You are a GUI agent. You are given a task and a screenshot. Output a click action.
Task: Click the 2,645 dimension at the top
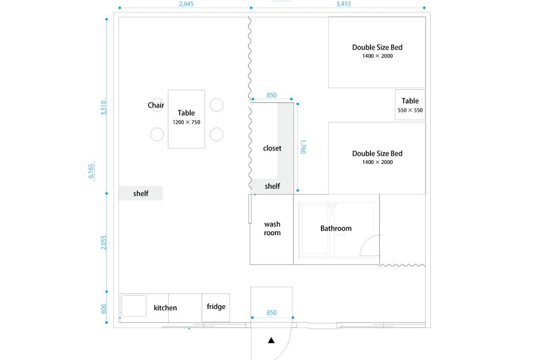point(186,4)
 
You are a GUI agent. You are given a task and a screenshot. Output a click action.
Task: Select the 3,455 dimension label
point(343,4)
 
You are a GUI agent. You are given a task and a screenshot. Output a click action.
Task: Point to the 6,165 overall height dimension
point(91,171)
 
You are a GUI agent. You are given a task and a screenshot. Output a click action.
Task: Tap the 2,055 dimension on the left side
point(104,242)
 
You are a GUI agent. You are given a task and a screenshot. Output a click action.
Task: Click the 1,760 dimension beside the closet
point(303,147)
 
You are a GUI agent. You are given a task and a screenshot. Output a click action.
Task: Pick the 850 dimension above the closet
point(271,95)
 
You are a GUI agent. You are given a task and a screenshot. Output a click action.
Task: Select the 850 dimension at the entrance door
point(271,312)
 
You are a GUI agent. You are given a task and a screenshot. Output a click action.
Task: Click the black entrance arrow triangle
point(271,340)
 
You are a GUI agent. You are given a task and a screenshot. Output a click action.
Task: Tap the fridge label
point(216,306)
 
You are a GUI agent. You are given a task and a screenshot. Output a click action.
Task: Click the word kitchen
point(165,307)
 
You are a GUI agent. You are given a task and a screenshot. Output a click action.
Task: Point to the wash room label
point(272,228)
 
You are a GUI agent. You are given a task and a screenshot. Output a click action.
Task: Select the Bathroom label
point(336,228)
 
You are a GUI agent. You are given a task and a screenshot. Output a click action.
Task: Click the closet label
point(272,148)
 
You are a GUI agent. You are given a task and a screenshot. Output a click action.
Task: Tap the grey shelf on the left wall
point(141,193)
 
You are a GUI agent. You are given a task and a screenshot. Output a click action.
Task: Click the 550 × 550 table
point(410,104)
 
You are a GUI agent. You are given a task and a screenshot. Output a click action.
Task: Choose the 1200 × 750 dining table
point(186,119)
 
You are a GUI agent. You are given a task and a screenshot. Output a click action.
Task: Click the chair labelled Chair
point(157,104)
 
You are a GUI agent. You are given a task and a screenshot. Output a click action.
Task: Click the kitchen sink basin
point(134,305)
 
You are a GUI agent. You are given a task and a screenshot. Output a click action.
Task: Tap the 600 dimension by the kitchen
point(104,308)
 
